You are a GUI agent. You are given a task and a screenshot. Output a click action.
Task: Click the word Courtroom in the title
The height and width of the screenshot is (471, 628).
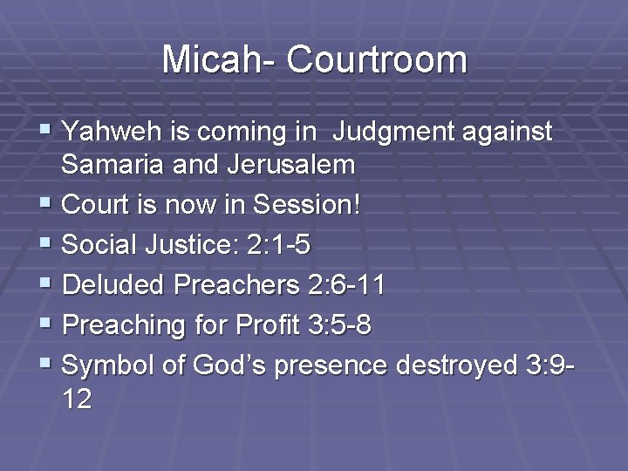(376, 59)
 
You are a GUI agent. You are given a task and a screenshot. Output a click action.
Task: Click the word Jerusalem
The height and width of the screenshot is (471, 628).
(281, 164)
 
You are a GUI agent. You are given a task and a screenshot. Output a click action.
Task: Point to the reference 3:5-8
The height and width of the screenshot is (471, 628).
(340, 325)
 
